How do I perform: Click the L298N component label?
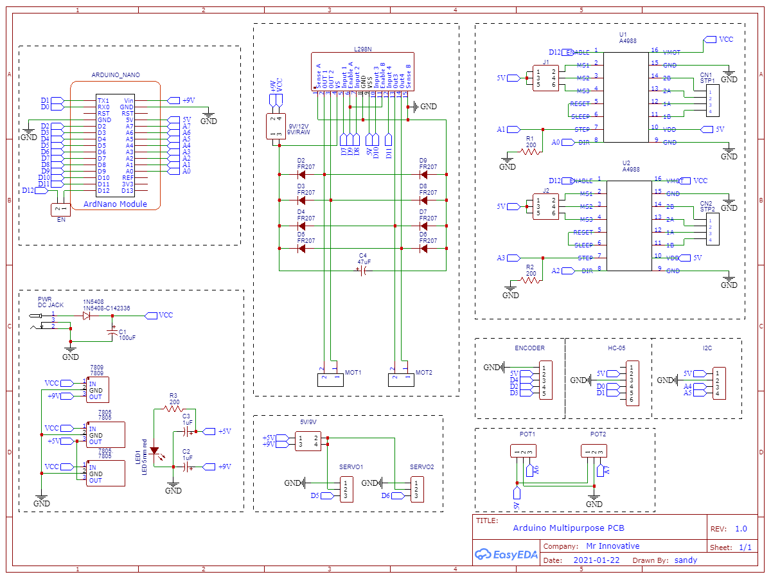[362, 49]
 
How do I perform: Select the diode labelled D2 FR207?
[301, 174]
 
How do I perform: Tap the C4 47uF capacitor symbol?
[362, 271]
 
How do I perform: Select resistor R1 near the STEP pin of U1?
[530, 147]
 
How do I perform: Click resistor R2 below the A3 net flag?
[530, 276]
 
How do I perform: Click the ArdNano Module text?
[115, 204]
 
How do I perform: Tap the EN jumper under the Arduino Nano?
[60, 210]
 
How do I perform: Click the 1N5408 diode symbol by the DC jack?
[86, 316]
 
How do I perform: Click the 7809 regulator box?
[98, 389]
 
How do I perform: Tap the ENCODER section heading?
[529, 348]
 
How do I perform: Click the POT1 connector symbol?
[523, 452]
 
